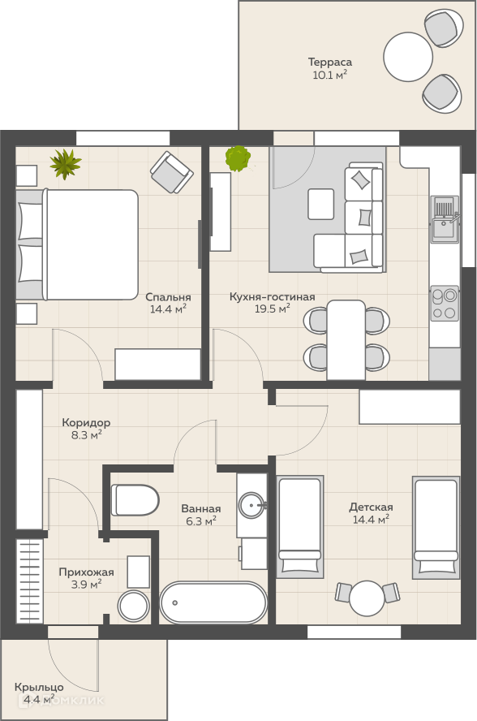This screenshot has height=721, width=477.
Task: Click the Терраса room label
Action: click(330, 62)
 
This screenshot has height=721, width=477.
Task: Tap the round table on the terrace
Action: click(408, 57)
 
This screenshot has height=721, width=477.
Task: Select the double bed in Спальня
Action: click(77, 244)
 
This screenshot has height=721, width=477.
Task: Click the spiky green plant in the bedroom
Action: click(65, 164)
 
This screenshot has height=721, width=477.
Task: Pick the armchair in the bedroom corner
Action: click(172, 172)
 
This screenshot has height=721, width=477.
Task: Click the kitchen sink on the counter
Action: click(445, 219)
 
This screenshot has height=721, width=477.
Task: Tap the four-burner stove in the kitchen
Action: click(445, 303)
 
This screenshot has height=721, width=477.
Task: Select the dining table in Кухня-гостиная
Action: click(346, 340)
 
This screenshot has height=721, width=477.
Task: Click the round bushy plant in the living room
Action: click(238, 158)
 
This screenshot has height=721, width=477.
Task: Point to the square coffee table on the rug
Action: click(320, 204)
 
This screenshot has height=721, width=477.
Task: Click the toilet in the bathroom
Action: click(135, 500)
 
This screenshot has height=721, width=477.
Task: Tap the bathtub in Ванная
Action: click(213, 602)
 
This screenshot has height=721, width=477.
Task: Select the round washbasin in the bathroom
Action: click(251, 505)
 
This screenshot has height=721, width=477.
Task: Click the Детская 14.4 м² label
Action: click(371, 513)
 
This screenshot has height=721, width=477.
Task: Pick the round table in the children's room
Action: click(366, 598)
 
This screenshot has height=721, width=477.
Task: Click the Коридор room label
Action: click(86, 422)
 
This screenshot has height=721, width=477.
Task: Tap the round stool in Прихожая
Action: click(133, 606)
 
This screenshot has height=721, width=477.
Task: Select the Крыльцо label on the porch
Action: click(39, 687)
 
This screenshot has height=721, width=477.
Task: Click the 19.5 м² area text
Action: click(273, 309)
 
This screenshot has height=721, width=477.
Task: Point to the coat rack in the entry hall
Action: click(30, 581)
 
